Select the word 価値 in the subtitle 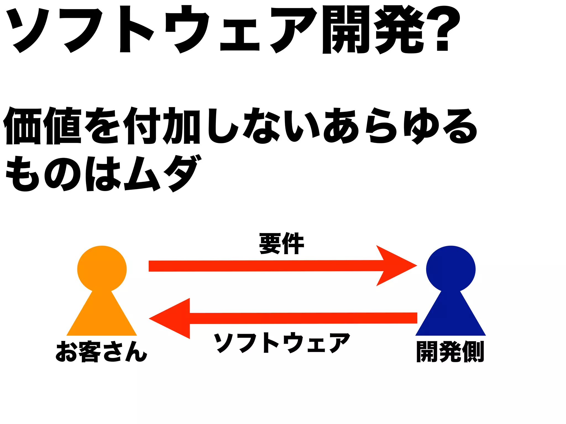(x=43, y=126)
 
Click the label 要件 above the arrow (x=281, y=243)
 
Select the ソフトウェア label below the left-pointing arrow (x=282, y=343)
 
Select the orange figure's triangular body (x=102, y=317)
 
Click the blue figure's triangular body (x=451, y=317)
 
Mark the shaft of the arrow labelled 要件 (x=263, y=266)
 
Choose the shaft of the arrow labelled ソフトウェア (x=304, y=318)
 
